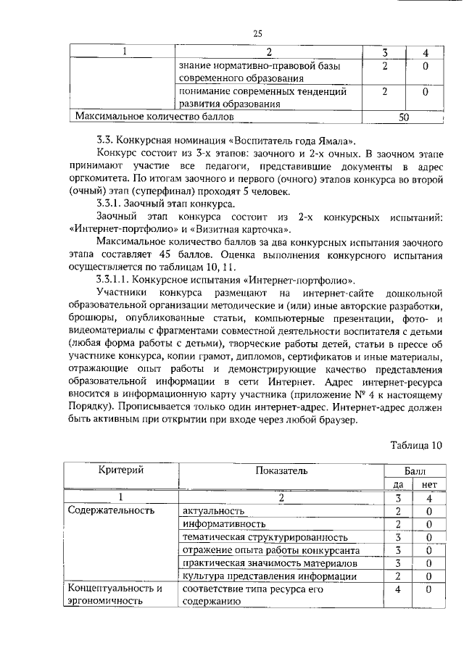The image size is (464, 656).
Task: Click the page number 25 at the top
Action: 257,33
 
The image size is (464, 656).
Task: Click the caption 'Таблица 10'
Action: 415,445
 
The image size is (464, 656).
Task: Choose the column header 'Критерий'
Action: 120,470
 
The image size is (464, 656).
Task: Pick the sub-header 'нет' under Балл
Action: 428,484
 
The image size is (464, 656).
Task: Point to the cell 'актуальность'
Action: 214,511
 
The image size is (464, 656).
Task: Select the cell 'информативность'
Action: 223,524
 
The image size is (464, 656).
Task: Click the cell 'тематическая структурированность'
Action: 265,537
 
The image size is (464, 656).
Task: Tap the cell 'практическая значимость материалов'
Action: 270,563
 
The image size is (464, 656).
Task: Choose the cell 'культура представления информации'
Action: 269,576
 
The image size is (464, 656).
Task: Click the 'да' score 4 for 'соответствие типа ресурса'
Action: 398,589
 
